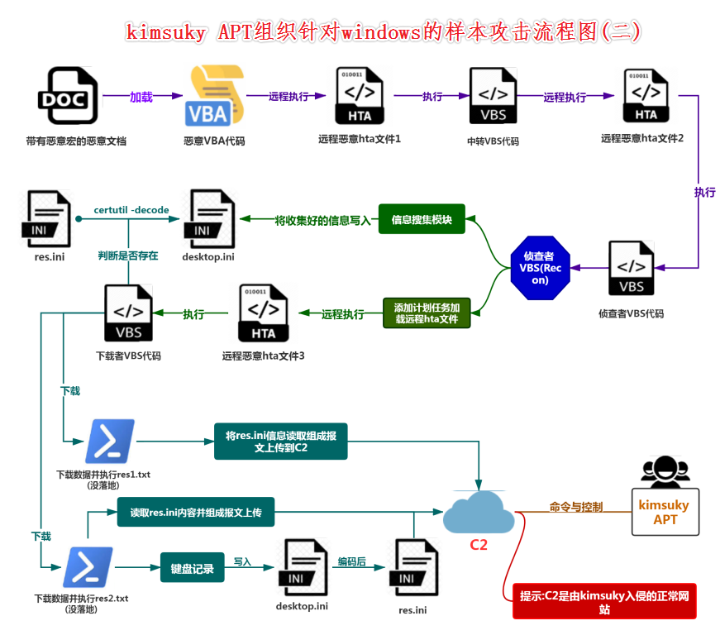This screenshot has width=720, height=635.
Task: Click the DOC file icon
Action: coord(68,96)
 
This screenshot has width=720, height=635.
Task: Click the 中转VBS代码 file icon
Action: coord(493,96)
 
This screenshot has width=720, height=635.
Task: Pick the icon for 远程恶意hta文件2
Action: coord(646,96)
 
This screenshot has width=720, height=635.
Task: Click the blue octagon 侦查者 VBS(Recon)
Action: coord(541,268)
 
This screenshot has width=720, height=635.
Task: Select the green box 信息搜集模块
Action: coord(422,220)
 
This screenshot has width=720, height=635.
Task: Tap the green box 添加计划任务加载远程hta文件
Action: coord(427,313)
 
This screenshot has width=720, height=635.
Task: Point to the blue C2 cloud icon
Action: coord(479,512)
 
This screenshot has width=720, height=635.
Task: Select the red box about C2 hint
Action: coord(604,602)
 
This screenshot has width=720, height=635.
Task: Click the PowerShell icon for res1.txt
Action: coord(110,442)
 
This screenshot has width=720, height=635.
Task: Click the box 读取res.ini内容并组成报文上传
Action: coord(195,513)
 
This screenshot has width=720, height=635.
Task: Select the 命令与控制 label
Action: coord(575,507)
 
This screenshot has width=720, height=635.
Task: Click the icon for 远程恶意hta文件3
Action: coord(263,313)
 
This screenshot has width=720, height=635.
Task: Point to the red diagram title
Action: coord(383,31)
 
